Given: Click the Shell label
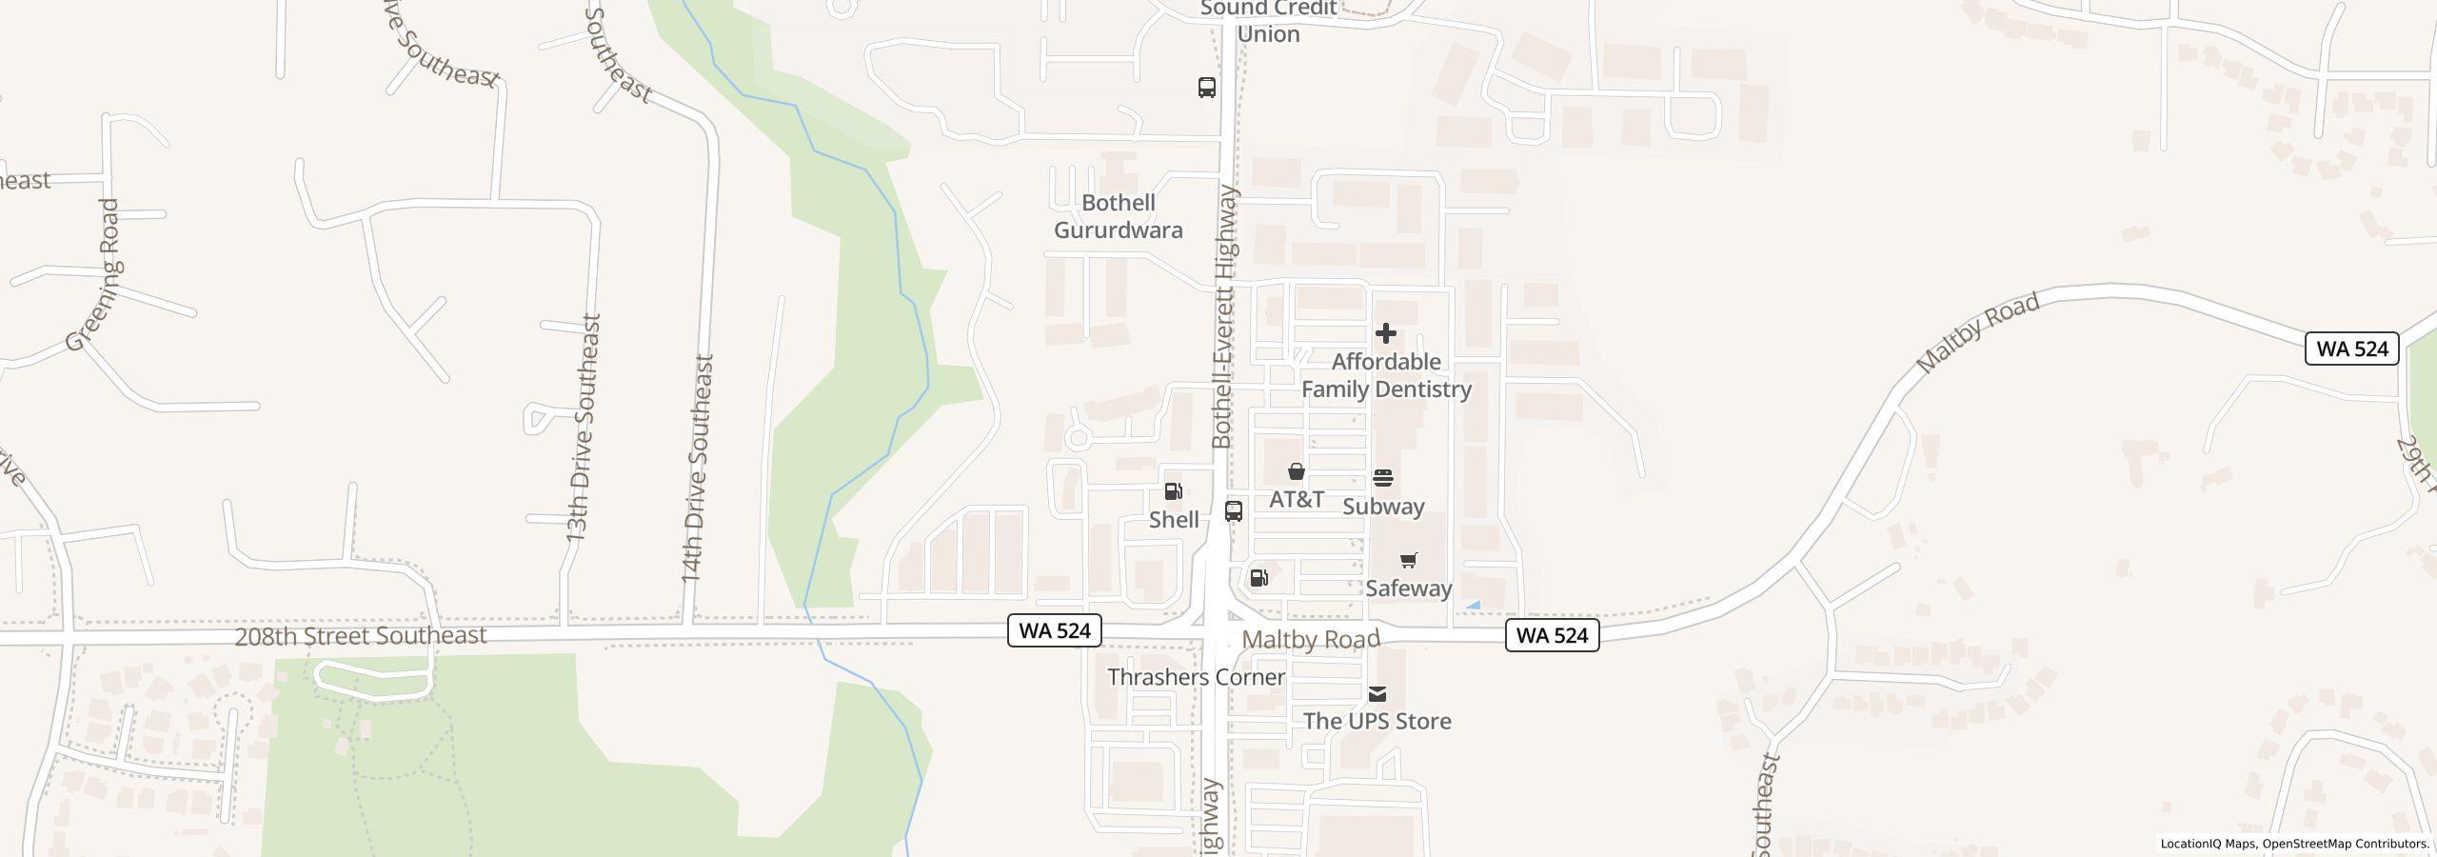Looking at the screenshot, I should coord(1174,520).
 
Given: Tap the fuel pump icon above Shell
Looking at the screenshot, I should coord(1174,491).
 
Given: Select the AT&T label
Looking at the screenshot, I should coord(1297,499).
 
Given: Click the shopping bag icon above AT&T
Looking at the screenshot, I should coord(1296,471).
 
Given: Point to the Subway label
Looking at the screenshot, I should coord(1383,507).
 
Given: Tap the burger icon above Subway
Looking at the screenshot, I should coord(1383,478).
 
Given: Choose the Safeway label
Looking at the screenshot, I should coord(1409,588).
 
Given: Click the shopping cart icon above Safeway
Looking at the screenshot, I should coord(1409,560).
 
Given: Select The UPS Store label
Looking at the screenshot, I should coord(1377,721).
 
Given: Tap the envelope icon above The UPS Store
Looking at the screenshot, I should coord(1377,693).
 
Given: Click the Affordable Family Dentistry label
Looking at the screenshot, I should coord(1386,375).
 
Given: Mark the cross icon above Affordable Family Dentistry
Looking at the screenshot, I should coord(1386,333).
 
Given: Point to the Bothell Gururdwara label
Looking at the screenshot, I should coord(1119,216).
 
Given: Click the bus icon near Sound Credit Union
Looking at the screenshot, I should coord(1207,88).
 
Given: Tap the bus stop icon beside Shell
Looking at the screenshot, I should coord(1234,510).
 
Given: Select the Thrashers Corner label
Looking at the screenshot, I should coord(1197,677).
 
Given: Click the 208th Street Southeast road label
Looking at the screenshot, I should coord(361,636).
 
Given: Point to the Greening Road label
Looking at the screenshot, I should coord(95,276).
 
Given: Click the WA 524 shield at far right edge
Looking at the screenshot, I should coord(2351,349).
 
